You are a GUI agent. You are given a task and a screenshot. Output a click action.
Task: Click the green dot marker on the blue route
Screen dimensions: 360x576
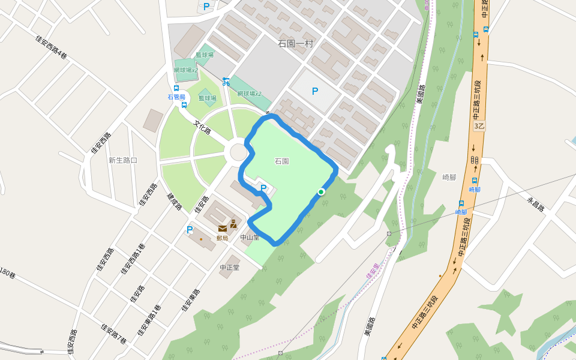[x=322, y=192]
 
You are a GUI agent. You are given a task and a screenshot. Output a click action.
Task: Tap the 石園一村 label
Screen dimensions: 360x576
[x=296, y=43]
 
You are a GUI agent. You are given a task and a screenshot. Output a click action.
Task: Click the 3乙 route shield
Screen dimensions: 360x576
[x=479, y=126]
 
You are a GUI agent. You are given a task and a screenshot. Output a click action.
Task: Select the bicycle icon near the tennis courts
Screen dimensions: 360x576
[x=226, y=82]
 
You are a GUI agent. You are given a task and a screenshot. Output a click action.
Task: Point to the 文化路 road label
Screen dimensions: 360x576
[x=203, y=127]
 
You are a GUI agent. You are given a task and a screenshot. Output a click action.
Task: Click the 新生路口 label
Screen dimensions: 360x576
[x=123, y=160]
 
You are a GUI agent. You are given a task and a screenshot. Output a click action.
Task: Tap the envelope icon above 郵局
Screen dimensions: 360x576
[x=223, y=228]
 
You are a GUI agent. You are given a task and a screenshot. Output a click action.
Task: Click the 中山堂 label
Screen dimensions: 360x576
[x=250, y=237]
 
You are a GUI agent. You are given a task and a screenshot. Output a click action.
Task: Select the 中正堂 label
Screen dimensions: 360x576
[x=230, y=268]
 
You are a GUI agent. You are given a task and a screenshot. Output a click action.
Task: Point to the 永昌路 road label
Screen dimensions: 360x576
[x=535, y=204]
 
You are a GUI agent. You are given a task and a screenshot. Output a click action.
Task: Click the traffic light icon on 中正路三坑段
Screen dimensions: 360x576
[x=475, y=160]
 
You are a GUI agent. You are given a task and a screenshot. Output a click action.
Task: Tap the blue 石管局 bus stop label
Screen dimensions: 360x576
[x=176, y=97]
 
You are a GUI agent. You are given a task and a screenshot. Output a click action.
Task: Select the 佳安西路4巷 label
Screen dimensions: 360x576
[x=51, y=47]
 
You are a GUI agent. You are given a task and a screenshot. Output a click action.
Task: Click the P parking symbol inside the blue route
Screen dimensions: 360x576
[x=263, y=188]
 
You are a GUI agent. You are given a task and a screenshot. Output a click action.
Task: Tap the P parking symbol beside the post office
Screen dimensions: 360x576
[x=190, y=230]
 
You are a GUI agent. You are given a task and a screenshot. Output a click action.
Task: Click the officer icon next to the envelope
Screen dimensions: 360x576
[x=233, y=224]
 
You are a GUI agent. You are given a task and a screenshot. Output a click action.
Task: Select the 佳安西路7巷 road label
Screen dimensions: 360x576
[x=113, y=334]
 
